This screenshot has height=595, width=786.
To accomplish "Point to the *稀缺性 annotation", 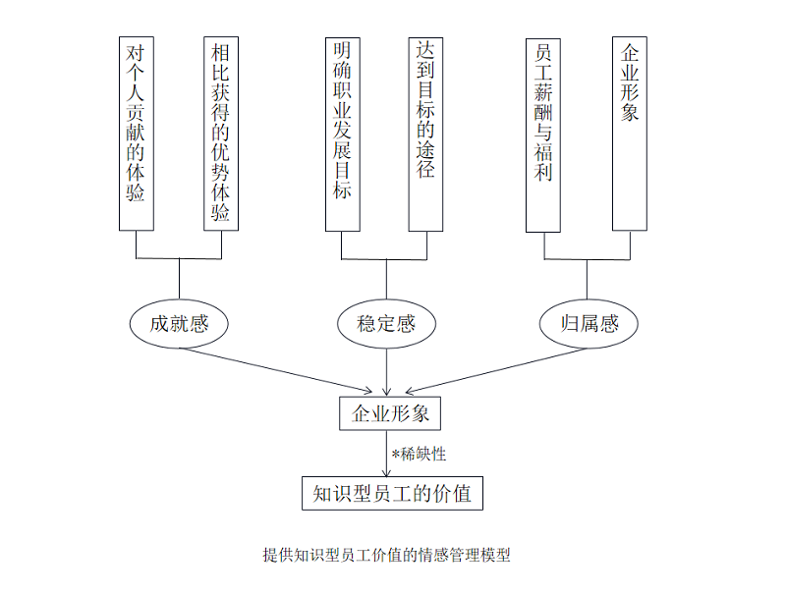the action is coord(420,455).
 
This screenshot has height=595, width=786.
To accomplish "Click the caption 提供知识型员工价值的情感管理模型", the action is coord(386,555).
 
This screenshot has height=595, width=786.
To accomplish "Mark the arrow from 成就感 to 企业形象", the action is coord(276,370).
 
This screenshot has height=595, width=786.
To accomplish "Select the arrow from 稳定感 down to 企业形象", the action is coord(386,372).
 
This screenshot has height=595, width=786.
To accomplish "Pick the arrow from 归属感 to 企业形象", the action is coord(496,370).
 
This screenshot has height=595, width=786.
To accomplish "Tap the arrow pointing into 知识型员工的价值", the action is coord(386,454).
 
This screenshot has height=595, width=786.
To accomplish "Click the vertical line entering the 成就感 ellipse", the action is coord(179,280).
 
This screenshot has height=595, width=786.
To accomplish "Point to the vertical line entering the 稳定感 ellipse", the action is coord(386,280).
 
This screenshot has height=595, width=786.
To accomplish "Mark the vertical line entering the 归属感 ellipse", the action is coord(587,280).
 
